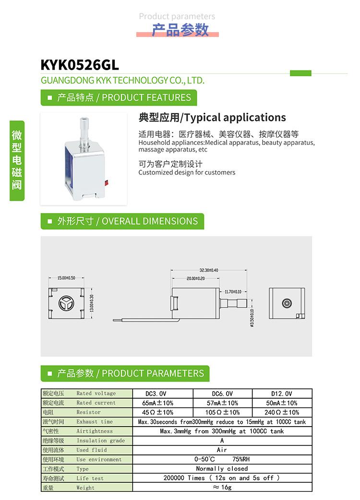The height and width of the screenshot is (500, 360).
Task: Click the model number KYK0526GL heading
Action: pyautogui.click(x=80, y=65)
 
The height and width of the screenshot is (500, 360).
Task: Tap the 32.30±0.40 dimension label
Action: pyautogui.click(x=209, y=270)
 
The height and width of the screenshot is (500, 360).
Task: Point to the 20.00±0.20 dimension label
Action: pyautogui.click(x=195, y=278)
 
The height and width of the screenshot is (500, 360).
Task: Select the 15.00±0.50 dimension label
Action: pyautogui.click(x=66, y=278)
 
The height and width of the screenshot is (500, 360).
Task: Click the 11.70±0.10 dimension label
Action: pyautogui.click(x=233, y=292)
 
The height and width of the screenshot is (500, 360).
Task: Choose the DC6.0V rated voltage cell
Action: pyautogui.click(x=222, y=393)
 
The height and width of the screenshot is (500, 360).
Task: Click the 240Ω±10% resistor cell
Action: pyautogui.click(x=282, y=412)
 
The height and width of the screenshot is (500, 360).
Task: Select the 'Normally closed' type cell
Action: pyautogui.click(x=222, y=468)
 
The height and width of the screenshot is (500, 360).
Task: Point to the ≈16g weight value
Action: pyautogui.click(x=222, y=487)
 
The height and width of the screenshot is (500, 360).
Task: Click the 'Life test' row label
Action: pyautogui.click(x=90, y=478)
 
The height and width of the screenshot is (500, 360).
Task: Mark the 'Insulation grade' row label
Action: pyautogui.click(x=100, y=440)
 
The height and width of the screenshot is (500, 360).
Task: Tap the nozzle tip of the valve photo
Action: pyautogui.click(x=84, y=119)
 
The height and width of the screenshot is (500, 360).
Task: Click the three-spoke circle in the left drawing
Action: pyautogui.click(x=64, y=304)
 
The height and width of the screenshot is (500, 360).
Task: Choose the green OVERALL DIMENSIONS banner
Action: pyautogui.click(x=122, y=221)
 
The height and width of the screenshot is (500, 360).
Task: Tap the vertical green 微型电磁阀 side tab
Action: pyautogui.click(x=17, y=159)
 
